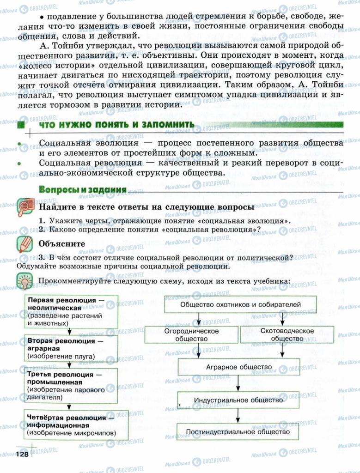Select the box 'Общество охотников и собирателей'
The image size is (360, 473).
240,304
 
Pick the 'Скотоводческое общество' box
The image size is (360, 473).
287,335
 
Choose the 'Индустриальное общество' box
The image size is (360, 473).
238,400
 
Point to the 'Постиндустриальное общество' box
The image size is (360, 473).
238,432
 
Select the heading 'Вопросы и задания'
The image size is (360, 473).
83,189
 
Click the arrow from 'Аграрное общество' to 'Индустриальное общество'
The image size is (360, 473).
238,383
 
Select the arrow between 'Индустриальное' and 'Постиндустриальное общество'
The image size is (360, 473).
238,416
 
